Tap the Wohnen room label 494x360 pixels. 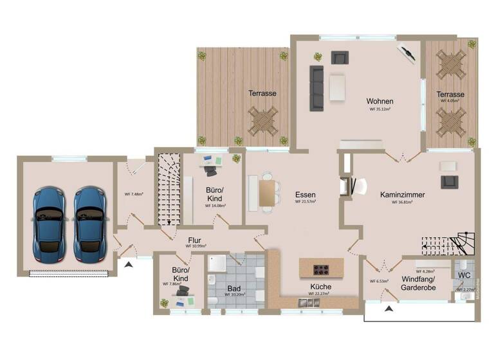pos(380,102)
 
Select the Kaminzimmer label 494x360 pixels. pos(402,194)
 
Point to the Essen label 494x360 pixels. pos(306,194)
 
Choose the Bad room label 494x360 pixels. pos(235,289)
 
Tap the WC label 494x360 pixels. pos(464,275)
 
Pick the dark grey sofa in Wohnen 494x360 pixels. pos(316,87)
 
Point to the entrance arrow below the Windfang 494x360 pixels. pos(389,309)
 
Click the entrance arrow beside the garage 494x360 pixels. pos(129,264)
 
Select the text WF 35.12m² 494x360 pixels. pos(381,110)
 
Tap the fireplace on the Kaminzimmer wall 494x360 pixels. pos(347,185)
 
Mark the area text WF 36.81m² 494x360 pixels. pos(401,202)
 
